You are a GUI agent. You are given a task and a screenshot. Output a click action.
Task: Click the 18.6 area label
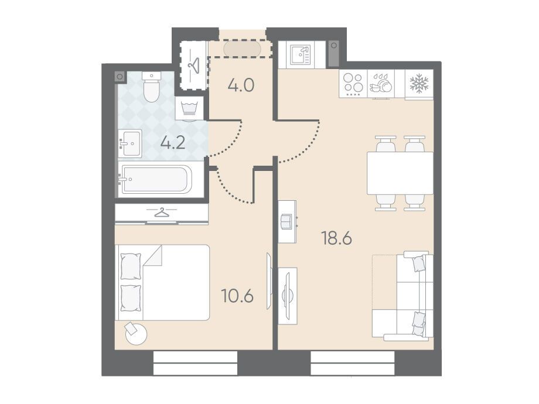pyautogui.click(x=336, y=238)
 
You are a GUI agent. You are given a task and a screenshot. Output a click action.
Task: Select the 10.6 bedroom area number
pyautogui.click(x=237, y=296)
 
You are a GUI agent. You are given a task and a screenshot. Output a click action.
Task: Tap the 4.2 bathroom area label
pyautogui.click(x=173, y=143)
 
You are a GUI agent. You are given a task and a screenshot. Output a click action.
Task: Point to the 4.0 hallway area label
pyautogui.click(x=241, y=85)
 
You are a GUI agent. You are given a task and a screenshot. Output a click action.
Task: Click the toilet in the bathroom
pyautogui.click(x=152, y=87)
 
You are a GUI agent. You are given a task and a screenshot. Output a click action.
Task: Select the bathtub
pyautogui.click(x=155, y=179)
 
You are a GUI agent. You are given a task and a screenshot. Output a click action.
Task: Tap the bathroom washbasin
pyautogui.click(x=130, y=143)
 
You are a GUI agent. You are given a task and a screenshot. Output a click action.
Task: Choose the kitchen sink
pyautogui.click(x=301, y=55)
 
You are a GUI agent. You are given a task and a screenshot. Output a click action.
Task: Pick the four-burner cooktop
pyautogui.click(x=353, y=84)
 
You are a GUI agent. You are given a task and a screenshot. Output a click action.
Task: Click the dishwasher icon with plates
pyautogui.click(x=381, y=84)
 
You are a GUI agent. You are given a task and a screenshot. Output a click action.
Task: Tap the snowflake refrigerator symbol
pyautogui.click(x=419, y=84)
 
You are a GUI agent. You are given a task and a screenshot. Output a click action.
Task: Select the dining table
pyautogui.click(x=400, y=173)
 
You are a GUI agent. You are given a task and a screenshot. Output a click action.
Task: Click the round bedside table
pyautogui.click(x=136, y=333)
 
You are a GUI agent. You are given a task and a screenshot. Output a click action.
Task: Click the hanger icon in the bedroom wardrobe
pyautogui.click(x=162, y=213)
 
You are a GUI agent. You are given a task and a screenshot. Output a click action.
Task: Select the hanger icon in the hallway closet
pyautogui.click(x=195, y=65)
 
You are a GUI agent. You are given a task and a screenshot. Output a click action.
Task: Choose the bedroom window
pyautogui.click(x=195, y=363)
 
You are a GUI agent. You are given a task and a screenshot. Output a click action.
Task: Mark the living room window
pyautogui.click(x=352, y=363)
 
